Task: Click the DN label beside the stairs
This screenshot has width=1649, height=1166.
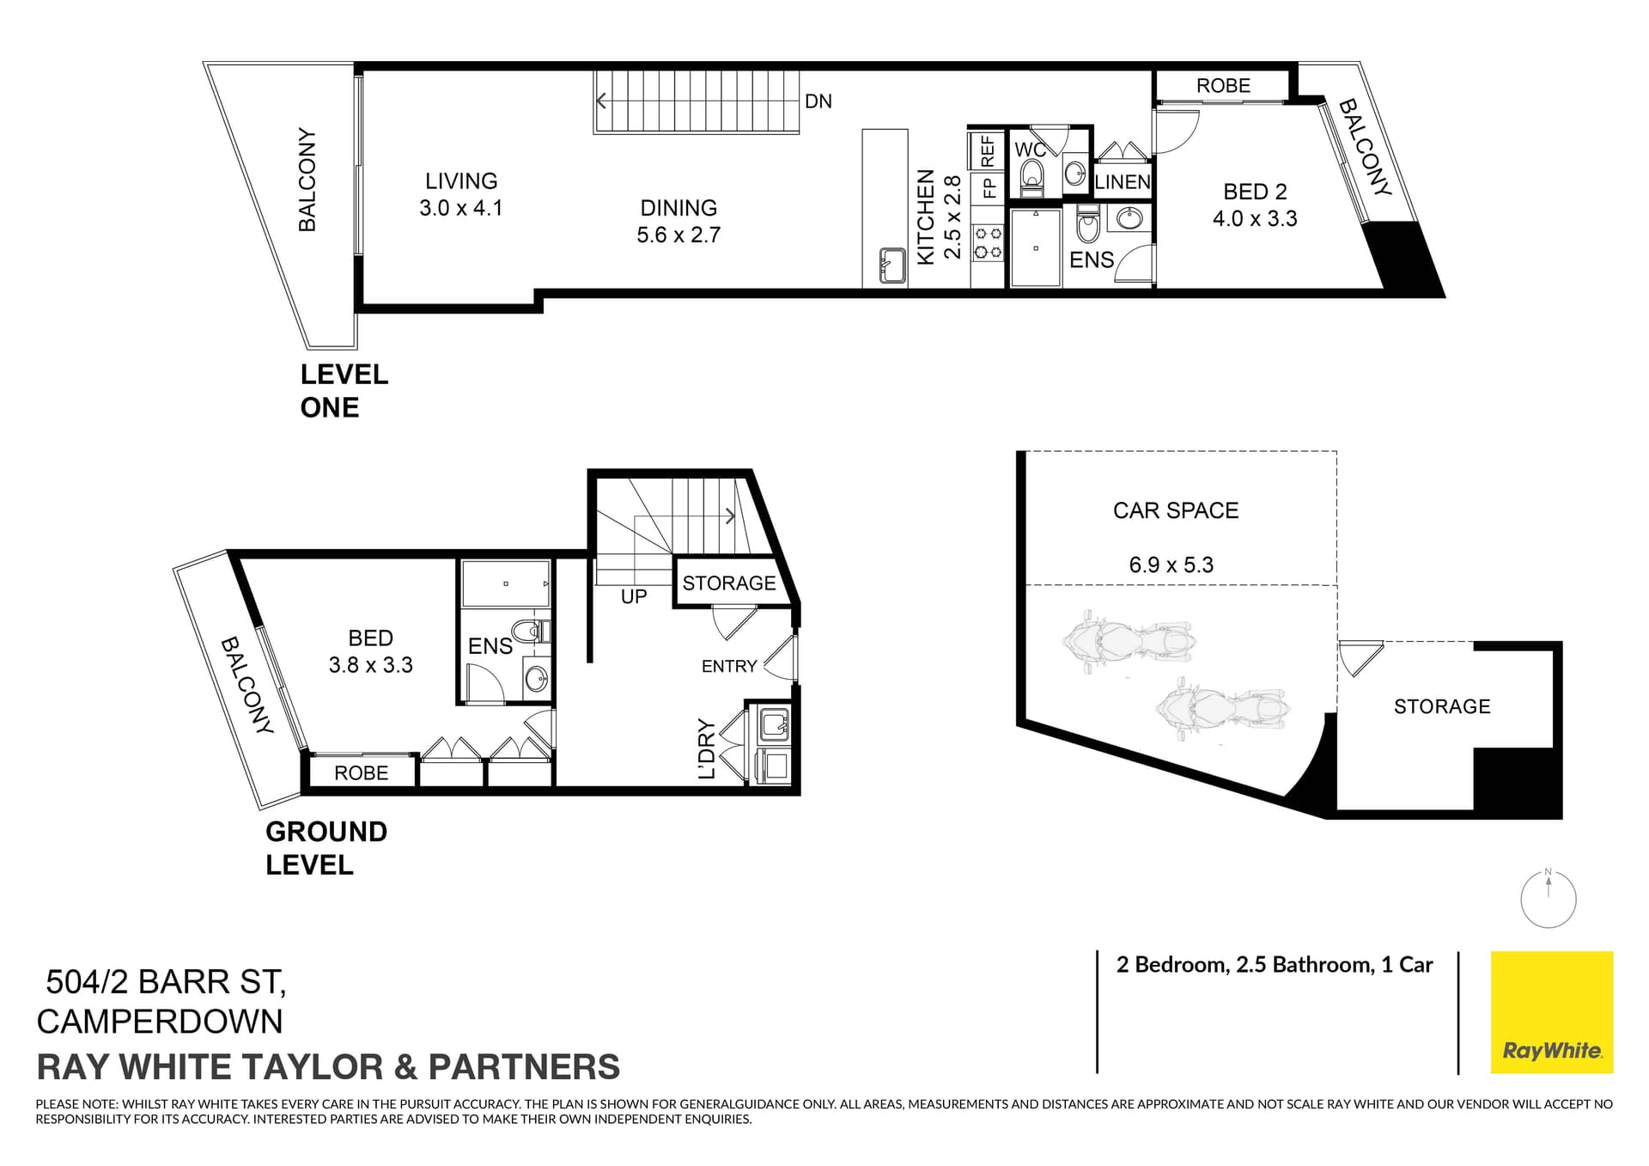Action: pos(818,101)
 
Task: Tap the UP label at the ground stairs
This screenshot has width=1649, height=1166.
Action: pos(634,596)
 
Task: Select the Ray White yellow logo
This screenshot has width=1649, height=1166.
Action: pos(1552,1012)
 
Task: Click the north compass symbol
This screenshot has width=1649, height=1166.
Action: pos(1549,900)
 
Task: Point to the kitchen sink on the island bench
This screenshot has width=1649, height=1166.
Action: pos(891,265)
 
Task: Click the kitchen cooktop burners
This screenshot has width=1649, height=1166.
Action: pos(988,242)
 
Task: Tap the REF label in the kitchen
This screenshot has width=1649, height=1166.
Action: pos(988,151)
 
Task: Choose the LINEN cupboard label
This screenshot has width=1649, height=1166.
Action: pos(1123,182)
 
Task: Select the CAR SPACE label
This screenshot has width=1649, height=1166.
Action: pos(1176,510)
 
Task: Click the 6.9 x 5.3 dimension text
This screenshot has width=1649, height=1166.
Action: pos(1171,565)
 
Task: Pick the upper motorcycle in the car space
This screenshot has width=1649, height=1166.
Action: pos(1128,642)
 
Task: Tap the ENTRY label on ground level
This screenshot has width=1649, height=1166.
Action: pos(729,666)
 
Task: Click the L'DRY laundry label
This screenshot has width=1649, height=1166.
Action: pos(707,748)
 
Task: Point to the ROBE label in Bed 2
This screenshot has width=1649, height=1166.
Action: pos(1223,86)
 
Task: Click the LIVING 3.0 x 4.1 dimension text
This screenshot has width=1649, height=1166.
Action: pos(461,208)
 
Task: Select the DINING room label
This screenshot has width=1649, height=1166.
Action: pos(678,208)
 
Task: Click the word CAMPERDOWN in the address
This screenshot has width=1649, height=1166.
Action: pos(160,1022)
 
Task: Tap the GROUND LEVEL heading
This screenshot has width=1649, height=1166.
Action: pos(326,848)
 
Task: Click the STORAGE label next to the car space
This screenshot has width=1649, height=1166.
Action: pos(1442,706)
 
